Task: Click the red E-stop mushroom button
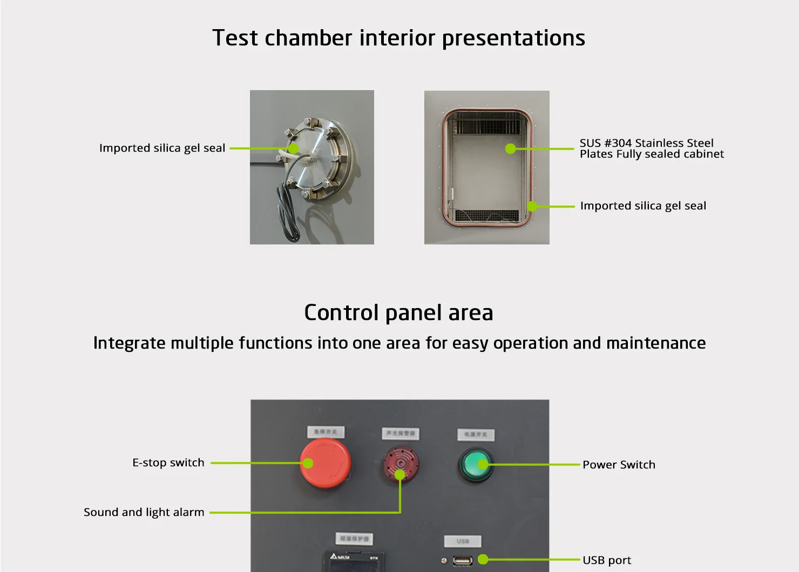(x=326, y=464)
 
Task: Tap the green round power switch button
(x=475, y=465)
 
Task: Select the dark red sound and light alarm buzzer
(x=401, y=463)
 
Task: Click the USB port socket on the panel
(x=463, y=561)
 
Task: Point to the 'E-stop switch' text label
(x=168, y=462)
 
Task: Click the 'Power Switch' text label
(x=619, y=465)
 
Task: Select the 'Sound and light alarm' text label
(x=144, y=512)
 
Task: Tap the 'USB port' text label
(x=606, y=560)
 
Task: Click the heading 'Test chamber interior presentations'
(x=398, y=38)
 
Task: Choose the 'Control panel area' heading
(x=398, y=312)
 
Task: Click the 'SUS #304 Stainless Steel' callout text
(x=646, y=143)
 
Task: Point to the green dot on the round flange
(x=293, y=148)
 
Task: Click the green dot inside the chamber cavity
(x=510, y=148)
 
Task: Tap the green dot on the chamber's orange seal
(x=532, y=206)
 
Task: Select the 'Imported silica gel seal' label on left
(x=162, y=148)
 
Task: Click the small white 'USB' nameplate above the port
(x=463, y=541)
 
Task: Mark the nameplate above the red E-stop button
(x=326, y=432)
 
